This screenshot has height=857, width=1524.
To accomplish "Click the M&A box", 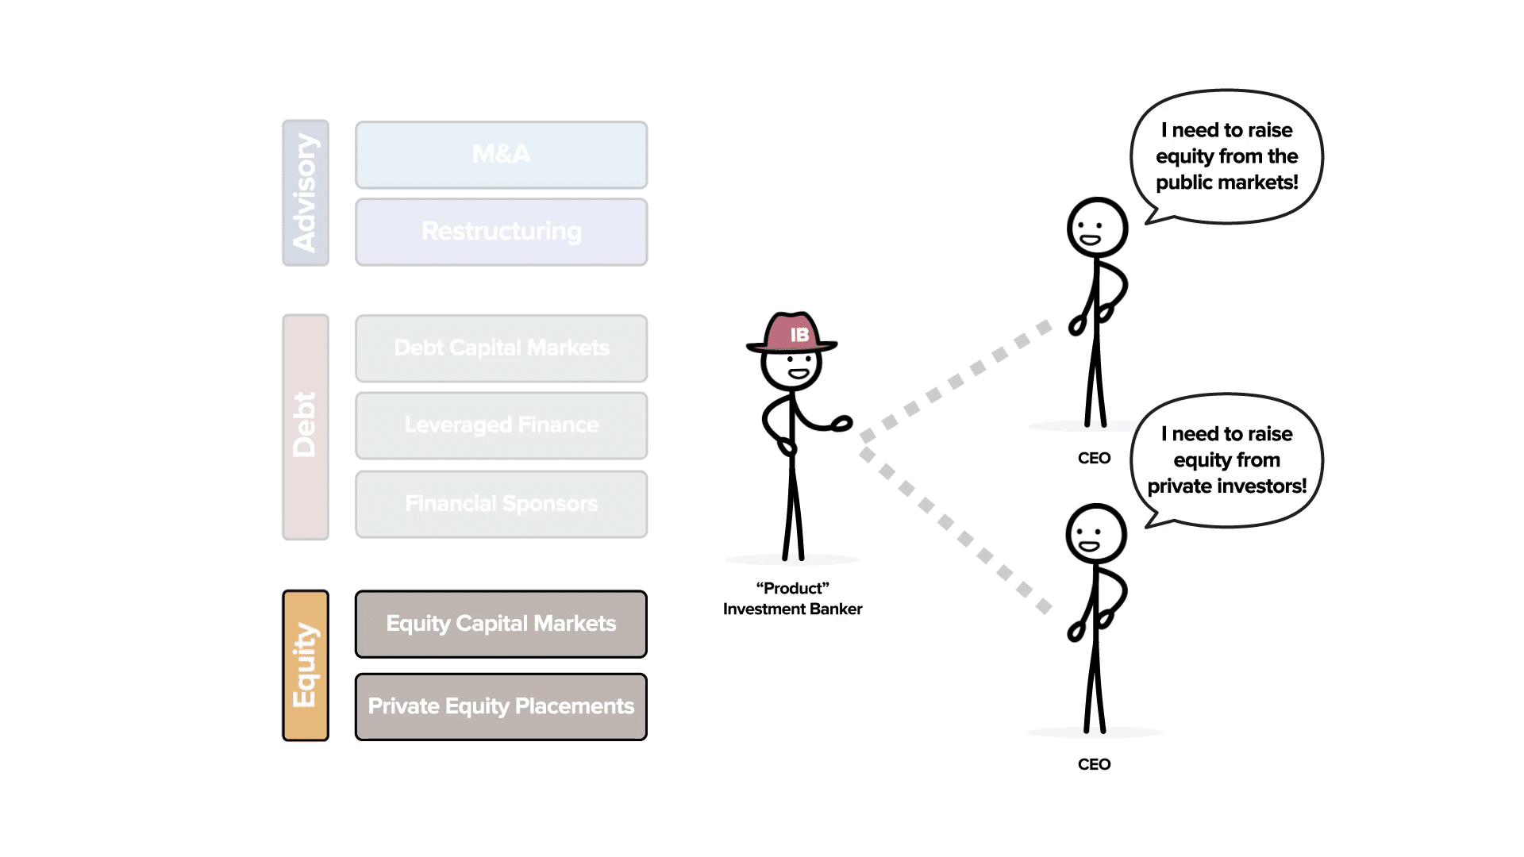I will [x=501, y=155].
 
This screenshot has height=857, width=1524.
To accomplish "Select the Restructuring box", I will [x=501, y=232].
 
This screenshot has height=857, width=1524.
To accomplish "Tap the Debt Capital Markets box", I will [x=501, y=348].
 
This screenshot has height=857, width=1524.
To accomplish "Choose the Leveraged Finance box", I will [x=501, y=425].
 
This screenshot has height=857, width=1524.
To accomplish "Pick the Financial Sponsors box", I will [x=501, y=504].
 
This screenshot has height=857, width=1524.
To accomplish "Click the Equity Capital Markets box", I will [x=501, y=624].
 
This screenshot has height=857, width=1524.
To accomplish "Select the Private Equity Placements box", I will [x=501, y=706].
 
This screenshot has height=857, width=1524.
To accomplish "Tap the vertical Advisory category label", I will [x=306, y=193].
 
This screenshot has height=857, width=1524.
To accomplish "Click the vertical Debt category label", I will [x=306, y=426].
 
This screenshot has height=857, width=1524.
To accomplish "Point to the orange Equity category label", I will [x=306, y=665].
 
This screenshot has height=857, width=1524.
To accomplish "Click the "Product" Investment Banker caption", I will [x=792, y=598].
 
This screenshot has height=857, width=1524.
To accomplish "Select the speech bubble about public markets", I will [x=1226, y=156].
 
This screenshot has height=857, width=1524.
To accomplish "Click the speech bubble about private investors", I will [x=1226, y=460].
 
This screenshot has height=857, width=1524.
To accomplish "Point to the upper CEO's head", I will [x=1097, y=228].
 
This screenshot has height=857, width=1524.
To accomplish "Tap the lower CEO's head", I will [x=1095, y=534].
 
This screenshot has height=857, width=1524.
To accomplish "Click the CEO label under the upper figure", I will [x=1094, y=459].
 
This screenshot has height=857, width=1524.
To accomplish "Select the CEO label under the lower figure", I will [x=1094, y=764].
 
